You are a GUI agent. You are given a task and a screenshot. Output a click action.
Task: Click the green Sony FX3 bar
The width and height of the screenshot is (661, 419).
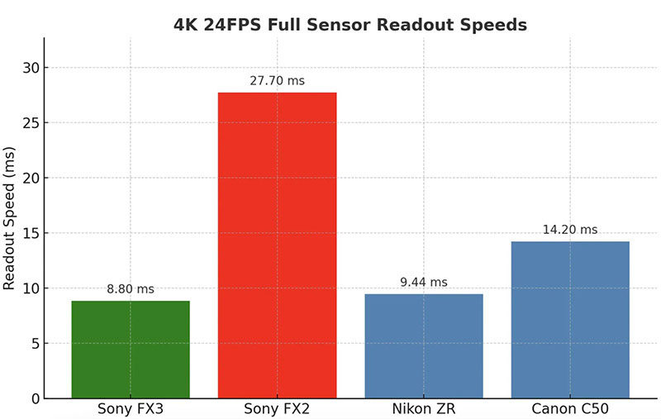coord(131,349)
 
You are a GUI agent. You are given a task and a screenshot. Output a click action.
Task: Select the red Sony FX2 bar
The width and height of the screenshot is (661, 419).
coord(277,245)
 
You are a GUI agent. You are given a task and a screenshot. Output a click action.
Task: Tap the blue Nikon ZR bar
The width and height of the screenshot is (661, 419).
coord(423,345)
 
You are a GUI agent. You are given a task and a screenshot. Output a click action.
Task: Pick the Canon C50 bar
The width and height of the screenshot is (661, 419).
coord(570,320)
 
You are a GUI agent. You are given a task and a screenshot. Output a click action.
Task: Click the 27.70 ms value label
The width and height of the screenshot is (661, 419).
coord(277,82)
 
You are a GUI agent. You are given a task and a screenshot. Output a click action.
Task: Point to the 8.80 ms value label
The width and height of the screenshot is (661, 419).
coord(131,290)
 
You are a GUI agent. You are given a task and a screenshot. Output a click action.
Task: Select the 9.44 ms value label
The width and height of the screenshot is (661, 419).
coord(423,283)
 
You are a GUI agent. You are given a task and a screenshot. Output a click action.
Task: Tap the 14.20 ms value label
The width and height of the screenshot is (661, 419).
coord(570,230)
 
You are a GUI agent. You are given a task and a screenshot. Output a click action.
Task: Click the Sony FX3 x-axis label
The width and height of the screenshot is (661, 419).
coord(131,408)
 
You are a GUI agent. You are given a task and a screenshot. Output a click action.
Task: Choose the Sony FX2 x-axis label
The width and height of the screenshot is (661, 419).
coord(277,408)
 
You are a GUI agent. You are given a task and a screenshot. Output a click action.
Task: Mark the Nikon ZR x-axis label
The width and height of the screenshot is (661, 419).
coord(423,408)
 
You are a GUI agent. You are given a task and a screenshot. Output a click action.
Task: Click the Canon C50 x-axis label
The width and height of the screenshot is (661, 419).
coord(570,408)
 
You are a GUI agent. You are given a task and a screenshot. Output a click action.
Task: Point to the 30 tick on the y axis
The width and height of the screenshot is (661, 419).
coord(31,68)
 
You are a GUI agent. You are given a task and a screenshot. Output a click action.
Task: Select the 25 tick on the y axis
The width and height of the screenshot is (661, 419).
coord(31,123)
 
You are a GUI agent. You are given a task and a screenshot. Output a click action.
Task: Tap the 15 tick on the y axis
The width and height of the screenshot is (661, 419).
coord(31,233)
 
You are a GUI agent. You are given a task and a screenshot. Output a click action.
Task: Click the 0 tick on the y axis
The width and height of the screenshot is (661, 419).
coord(34,398)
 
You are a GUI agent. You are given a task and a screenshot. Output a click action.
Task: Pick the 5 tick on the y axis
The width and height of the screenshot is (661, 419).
coord(34,344)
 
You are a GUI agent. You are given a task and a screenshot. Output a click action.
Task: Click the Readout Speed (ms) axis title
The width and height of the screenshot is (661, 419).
coord(10,220)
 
